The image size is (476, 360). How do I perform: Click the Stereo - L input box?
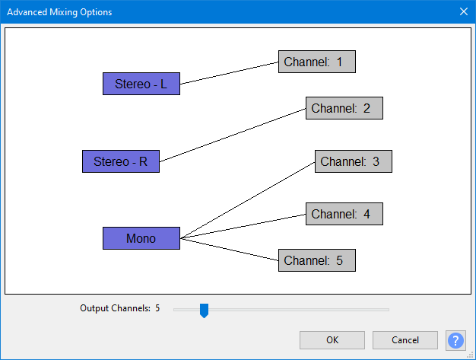coord(141,84)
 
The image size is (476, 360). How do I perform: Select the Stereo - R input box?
coord(120,161)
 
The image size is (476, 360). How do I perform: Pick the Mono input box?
coord(141,238)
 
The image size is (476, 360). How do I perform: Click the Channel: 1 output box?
coord(316,62)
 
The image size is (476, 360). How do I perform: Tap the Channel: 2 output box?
coord(344,108)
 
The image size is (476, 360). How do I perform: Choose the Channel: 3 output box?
coord(353,161)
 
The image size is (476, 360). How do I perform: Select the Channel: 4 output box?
coord(344,215)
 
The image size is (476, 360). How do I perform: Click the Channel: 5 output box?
coord(316,260)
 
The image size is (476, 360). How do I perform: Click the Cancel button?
coord(405,340)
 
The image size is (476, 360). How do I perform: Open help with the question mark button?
coord(455,340)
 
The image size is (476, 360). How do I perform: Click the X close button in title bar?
coord(463,11)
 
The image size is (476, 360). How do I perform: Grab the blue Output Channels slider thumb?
coord(204,310)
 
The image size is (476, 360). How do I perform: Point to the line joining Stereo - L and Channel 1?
coord(229,73)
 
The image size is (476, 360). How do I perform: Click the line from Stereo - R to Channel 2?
coord(233,135)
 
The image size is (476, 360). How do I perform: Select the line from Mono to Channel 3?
coord(247,200)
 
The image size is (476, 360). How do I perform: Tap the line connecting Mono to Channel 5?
coord(230,249)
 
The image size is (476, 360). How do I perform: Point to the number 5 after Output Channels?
coord(157,309)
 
